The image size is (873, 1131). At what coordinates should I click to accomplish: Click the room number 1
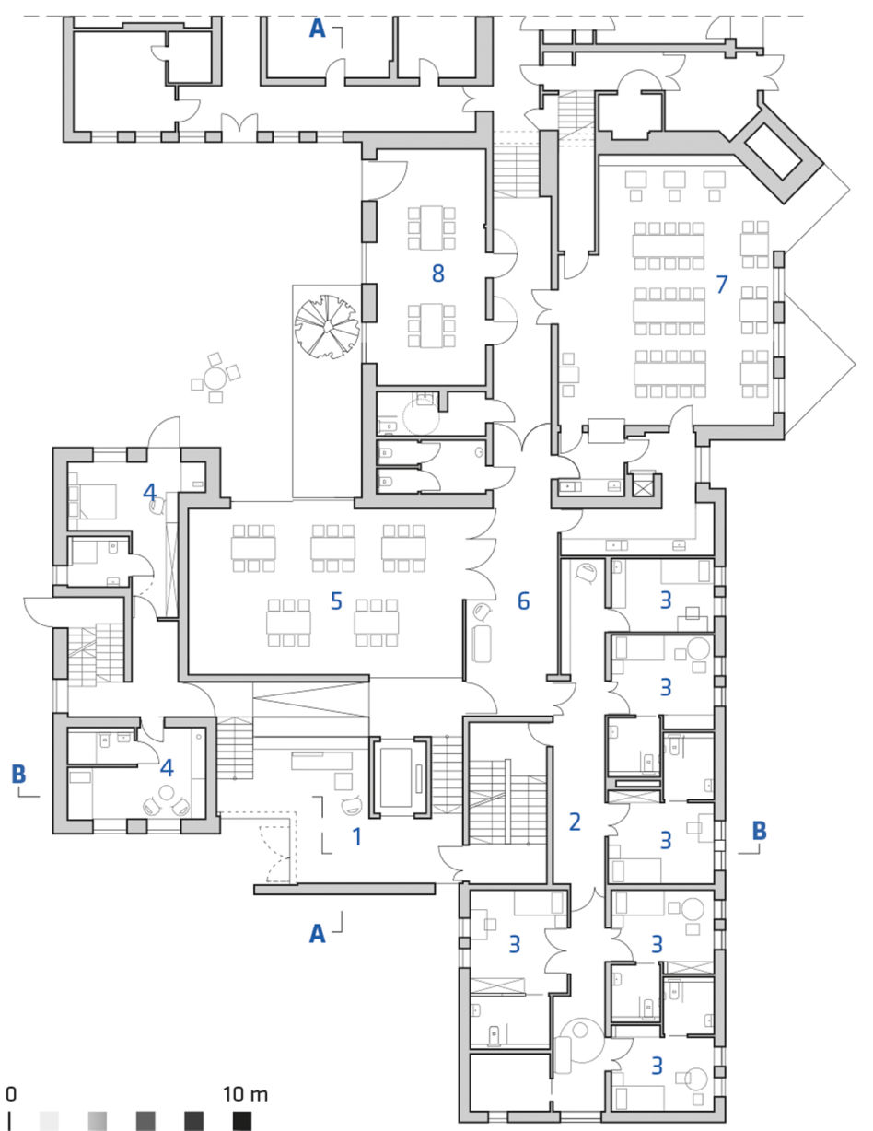357,837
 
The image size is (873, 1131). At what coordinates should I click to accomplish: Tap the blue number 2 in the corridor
575,822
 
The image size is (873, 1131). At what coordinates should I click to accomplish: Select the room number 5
336,601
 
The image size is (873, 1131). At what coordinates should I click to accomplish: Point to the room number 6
523,601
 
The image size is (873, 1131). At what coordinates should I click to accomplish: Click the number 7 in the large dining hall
721,285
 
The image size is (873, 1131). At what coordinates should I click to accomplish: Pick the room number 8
438,274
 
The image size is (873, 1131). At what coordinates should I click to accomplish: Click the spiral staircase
327,326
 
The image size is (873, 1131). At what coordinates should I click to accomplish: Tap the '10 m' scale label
246,1094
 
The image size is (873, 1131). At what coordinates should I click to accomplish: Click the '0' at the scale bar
11,1094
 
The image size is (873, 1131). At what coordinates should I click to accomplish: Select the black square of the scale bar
242,1121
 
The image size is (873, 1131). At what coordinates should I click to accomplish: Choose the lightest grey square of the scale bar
49,1121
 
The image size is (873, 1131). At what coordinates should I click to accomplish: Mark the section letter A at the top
318,29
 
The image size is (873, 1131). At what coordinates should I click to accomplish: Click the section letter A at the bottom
318,934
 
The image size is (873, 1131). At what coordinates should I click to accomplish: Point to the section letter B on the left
18,774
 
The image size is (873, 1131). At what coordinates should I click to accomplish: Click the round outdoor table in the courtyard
215,378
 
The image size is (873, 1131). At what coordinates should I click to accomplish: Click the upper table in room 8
432,228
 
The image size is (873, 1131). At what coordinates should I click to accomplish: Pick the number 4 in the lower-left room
167,768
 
